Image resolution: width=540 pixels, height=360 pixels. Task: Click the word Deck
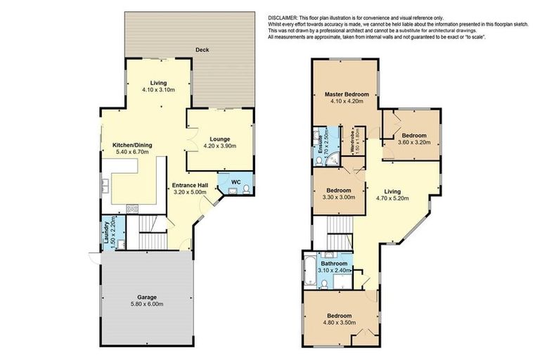204,50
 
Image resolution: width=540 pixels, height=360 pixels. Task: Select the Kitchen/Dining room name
133,146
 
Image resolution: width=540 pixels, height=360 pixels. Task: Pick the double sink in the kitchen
105,186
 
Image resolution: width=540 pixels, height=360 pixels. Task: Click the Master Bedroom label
346,94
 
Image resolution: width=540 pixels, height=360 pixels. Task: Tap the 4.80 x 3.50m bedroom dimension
339,324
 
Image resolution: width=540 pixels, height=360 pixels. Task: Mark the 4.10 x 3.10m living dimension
153,91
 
